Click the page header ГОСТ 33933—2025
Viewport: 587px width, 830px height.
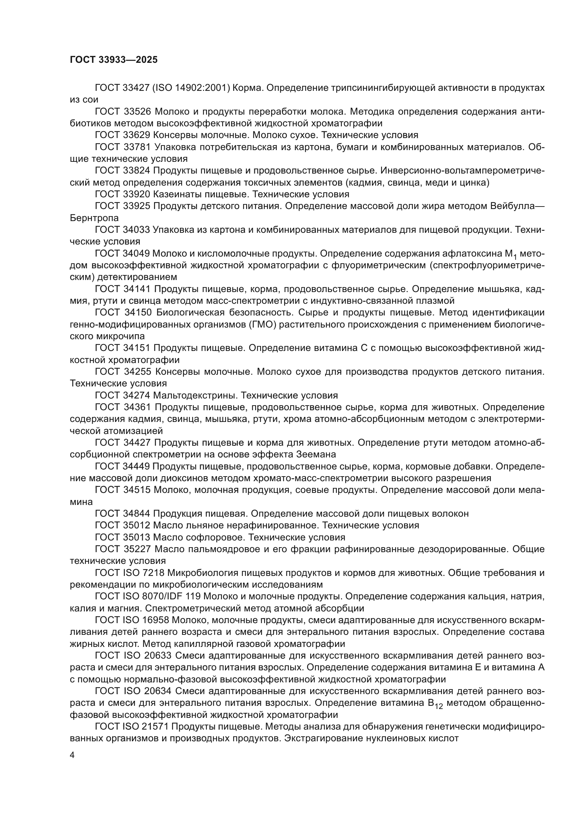coord(114,60)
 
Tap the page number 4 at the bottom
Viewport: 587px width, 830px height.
coord(72,755)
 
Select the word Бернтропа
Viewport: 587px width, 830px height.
coord(94,218)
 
